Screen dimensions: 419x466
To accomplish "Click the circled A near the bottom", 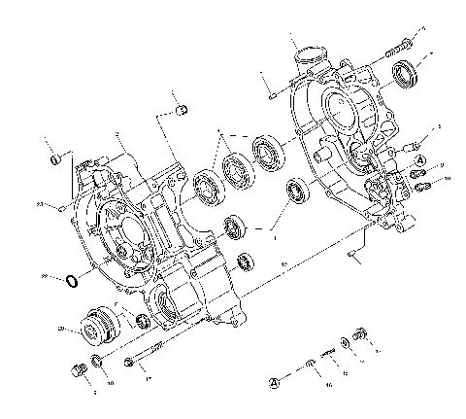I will click(275, 382).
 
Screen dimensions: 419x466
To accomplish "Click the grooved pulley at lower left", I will click(98, 329).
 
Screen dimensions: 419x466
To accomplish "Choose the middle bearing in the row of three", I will click(236, 168).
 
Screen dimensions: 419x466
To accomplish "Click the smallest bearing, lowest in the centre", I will click(246, 261).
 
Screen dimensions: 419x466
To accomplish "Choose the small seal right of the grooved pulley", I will click(142, 322).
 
